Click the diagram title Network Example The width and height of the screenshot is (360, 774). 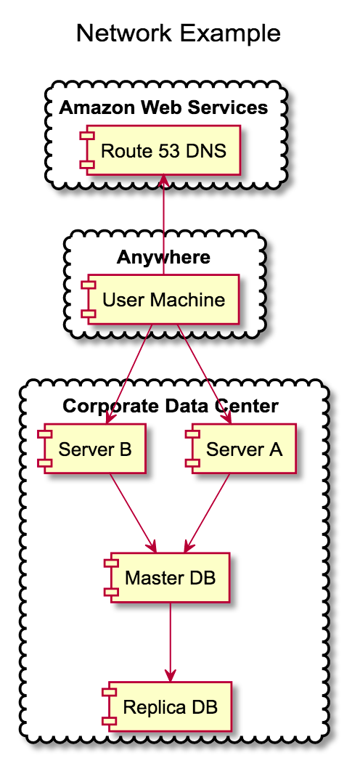pyautogui.click(x=178, y=33)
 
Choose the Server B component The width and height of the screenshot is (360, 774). pyautogui.click(x=94, y=449)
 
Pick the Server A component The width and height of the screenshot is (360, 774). pyautogui.click(x=242, y=449)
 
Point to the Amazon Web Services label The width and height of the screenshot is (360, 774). pyautogui.click(x=163, y=108)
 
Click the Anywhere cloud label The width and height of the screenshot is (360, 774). pyautogui.click(x=163, y=257)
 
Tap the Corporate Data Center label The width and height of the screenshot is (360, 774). pyautogui.click(x=171, y=406)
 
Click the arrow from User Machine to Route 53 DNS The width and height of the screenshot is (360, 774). pyautogui.click(x=164, y=225)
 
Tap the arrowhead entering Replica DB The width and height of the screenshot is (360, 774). pyautogui.click(x=170, y=675)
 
